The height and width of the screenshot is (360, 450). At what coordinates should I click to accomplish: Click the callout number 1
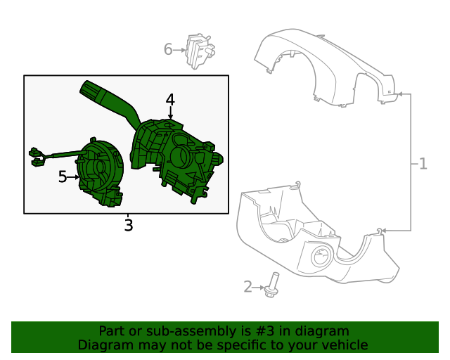(423, 164)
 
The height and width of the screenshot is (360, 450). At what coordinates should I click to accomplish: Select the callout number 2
(248, 286)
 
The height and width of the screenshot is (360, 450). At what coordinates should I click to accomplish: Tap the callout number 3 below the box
(129, 225)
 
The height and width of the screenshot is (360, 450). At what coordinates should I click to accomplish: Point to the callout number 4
(170, 100)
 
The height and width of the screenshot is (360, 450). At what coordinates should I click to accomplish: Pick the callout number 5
(63, 176)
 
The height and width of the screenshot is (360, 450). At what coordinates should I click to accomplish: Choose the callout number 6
(168, 49)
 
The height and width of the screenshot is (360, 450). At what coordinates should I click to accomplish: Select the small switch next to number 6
(200, 51)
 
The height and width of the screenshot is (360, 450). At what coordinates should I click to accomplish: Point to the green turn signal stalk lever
(109, 101)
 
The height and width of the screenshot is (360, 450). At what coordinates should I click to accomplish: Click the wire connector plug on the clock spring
(37, 157)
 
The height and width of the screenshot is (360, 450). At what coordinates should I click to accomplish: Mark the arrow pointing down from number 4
(170, 112)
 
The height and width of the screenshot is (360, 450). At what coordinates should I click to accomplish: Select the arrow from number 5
(73, 177)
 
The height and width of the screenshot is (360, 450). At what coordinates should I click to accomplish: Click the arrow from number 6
(179, 50)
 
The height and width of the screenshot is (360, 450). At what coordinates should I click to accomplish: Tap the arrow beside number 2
(259, 287)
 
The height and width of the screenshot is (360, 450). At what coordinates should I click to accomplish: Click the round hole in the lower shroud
(321, 256)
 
